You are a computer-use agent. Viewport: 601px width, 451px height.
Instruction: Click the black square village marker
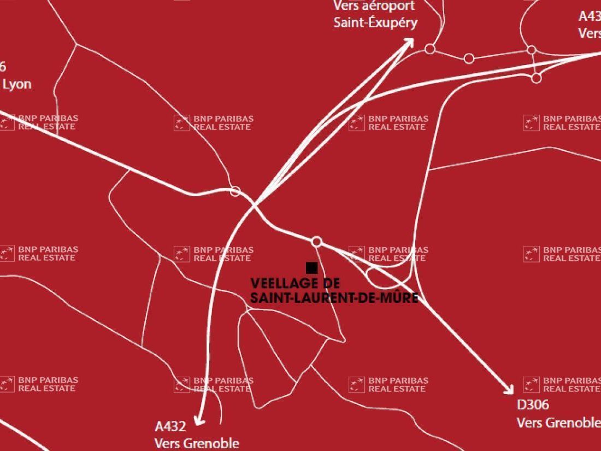click(x=311, y=267)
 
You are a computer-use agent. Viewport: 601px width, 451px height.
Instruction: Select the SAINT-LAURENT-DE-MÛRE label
click(x=334, y=298)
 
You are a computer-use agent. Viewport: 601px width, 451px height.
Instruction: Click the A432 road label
click(x=170, y=426)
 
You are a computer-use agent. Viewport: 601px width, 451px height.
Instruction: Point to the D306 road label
click(x=533, y=405)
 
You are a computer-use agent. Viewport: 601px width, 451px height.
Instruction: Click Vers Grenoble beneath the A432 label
click(x=197, y=443)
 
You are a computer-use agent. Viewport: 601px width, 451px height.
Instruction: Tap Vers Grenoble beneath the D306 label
click(x=558, y=423)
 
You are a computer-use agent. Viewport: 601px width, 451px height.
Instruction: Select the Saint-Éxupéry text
click(x=375, y=22)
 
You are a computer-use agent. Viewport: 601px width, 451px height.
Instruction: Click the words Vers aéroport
click(x=374, y=6)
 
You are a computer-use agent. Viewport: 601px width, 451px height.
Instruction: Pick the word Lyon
click(x=17, y=84)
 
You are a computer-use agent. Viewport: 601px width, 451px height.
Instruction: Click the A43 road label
click(x=590, y=15)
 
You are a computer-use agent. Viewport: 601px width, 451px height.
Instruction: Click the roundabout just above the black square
click(x=316, y=242)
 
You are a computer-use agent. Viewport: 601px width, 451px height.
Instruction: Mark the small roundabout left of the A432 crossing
click(x=235, y=191)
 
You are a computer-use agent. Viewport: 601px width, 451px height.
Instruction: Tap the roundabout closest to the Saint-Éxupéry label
click(x=430, y=49)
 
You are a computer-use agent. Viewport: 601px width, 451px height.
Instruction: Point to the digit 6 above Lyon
click(x=3, y=67)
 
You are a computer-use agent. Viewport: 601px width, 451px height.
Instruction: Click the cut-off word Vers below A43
click(x=590, y=33)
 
